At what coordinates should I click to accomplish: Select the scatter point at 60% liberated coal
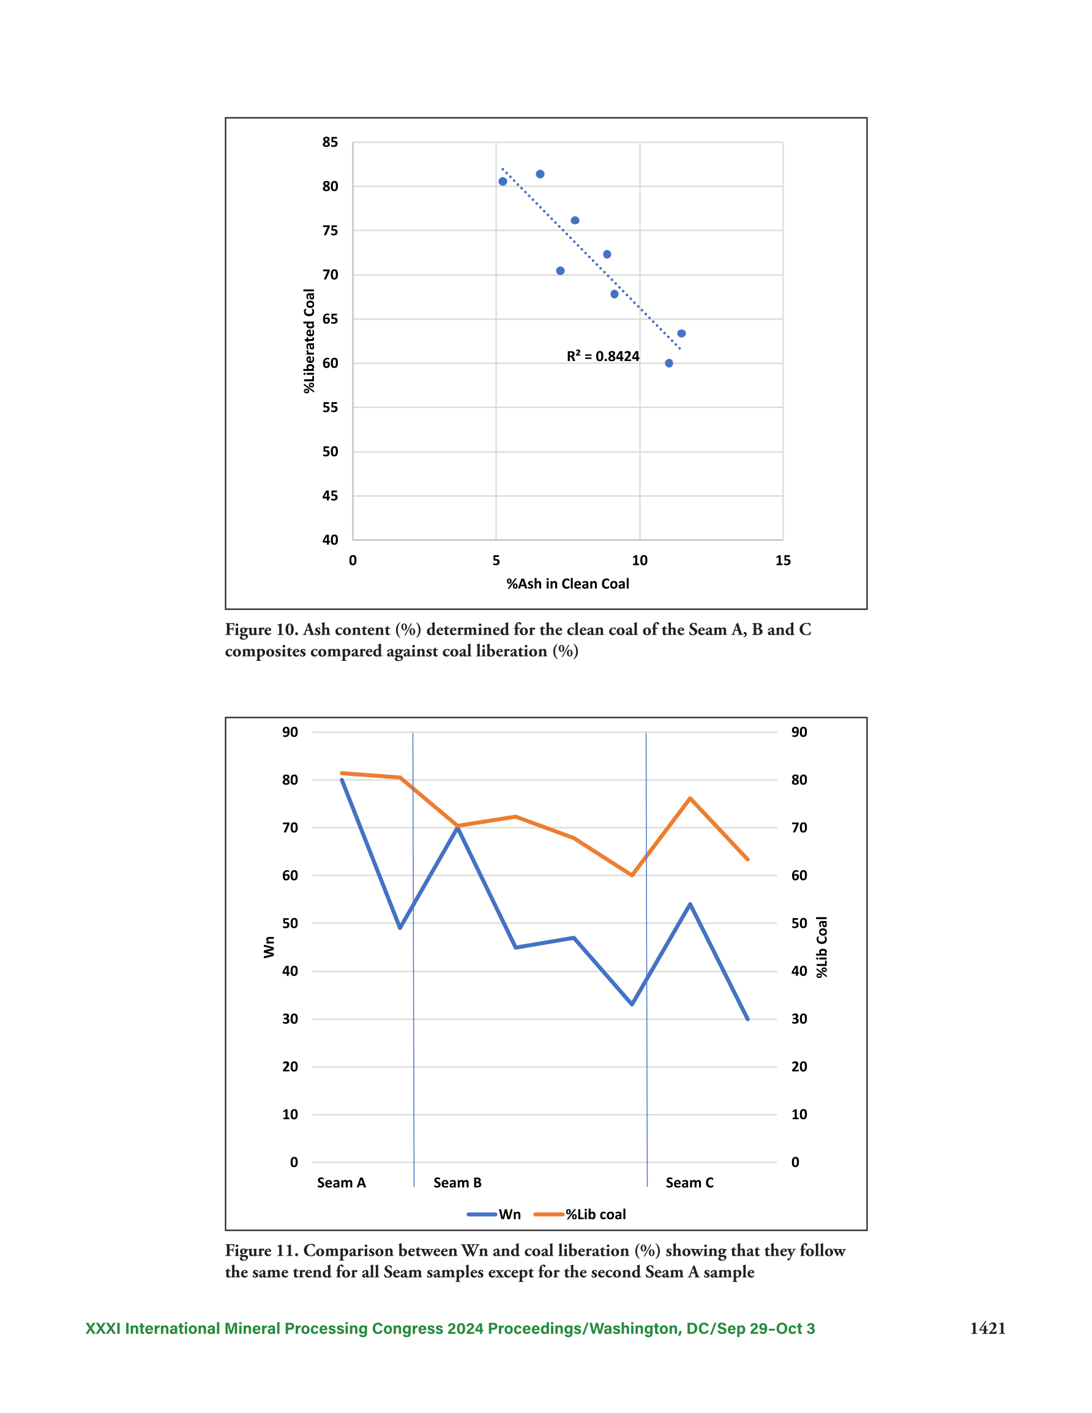(x=668, y=363)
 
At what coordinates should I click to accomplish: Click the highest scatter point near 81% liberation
(x=540, y=174)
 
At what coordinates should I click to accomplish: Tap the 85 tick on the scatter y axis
(x=330, y=142)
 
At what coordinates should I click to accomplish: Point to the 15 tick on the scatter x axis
(x=783, y=561)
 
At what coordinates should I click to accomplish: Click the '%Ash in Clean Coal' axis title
(x=567, y=584)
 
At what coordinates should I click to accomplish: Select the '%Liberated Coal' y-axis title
(x=309, y=341)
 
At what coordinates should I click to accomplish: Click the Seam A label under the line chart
(x=341, y=1183)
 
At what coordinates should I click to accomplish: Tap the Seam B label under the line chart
(x=457, y=1183)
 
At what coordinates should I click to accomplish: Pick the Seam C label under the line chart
(x=689, y=1183)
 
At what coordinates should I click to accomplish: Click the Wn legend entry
(x=494, y=1214)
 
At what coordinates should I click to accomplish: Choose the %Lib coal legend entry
(x=580, y=1214)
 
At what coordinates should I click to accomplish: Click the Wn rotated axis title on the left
(x=269, y=947)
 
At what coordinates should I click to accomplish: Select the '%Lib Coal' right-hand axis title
(x=821, y=947)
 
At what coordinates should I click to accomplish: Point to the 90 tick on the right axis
(x=799, y=732)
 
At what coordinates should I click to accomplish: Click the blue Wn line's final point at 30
(x=747, y=1019)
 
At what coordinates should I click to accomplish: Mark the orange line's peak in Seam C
(x=690, y=799)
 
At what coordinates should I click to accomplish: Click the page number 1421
(x=987, y=1329)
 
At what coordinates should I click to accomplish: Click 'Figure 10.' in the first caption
(x=261, y=630)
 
